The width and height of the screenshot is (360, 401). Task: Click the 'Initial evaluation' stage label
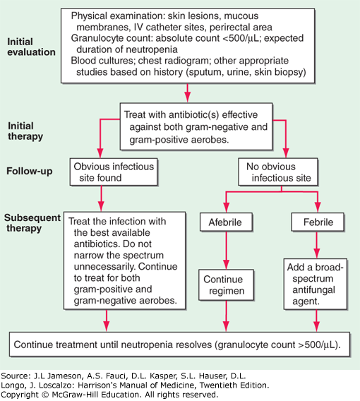[31, 47]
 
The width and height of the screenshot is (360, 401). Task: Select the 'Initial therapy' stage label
[25, 131]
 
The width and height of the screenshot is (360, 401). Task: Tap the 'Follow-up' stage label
[30, 171]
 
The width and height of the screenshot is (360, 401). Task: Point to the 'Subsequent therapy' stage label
[32, 223]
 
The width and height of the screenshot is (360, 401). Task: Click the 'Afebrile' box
[226, 222]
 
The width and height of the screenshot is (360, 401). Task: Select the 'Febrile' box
[318, 222]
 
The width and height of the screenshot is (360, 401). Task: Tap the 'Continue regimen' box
[227, 285]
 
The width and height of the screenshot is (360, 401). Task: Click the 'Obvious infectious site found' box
[114, 172]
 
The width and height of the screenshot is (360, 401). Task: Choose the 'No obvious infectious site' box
[278, 172]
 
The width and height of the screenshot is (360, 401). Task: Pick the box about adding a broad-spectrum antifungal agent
[316, 284]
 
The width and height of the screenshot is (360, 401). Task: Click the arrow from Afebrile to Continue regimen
[227, 251]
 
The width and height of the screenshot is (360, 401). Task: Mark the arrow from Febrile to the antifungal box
[317, 245]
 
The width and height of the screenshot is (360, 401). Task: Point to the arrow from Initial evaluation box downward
[188, 92]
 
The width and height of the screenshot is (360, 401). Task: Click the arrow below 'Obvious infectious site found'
[101, 198]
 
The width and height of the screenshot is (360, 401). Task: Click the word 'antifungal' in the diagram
[313, 290]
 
